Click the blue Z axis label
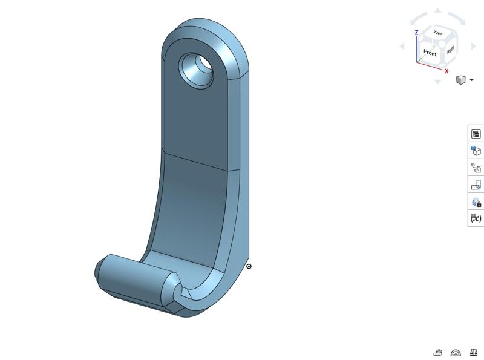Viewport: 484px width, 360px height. (416, 33)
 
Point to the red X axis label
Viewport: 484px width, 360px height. (447, 71)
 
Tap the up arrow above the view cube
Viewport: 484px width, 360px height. (438, 11)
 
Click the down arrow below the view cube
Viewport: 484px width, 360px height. (438, 82)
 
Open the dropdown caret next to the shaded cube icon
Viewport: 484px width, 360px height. (471, 80)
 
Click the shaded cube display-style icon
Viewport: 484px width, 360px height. (460, 80)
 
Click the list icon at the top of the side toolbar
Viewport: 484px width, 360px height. (476, 134)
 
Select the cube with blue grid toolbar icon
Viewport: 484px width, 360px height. (476, 151)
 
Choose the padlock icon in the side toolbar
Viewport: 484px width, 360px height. (476, 202)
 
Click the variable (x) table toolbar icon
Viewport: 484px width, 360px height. (476, 218)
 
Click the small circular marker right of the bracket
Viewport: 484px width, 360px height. (249, 266)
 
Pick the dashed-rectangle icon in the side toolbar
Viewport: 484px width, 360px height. (476, 185)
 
